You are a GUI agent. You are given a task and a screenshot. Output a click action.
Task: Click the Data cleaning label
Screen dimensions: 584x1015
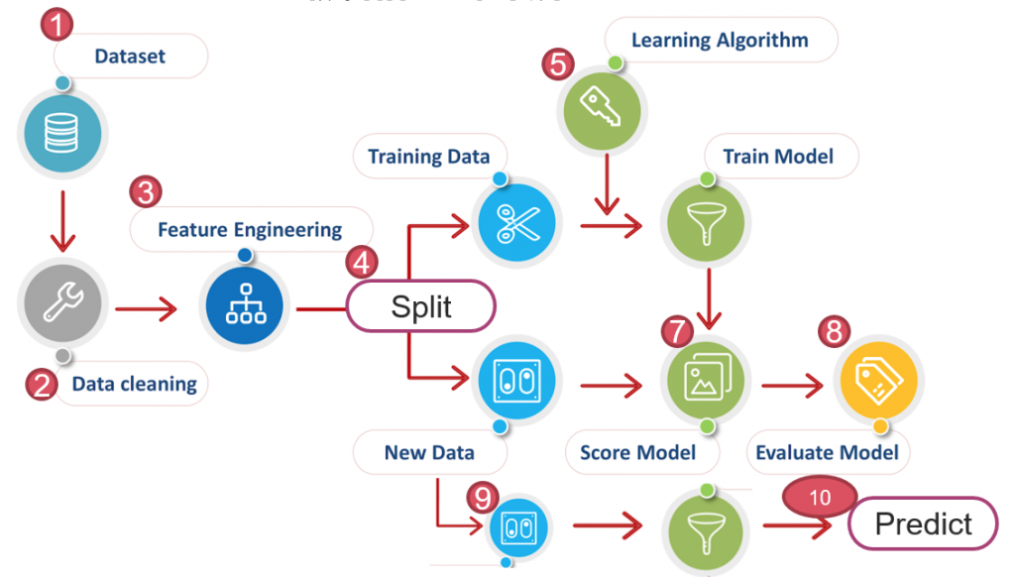point(134,384)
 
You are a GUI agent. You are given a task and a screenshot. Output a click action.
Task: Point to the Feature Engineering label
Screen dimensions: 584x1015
point(250,230)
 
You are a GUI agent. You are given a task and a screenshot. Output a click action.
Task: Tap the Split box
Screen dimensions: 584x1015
point(420,306)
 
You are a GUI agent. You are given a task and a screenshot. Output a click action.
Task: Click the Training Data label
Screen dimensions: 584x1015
point(428,157)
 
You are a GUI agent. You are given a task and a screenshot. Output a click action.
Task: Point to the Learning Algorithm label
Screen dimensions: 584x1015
point(720,41)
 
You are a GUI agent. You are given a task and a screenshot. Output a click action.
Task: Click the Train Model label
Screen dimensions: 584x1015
point(778,157)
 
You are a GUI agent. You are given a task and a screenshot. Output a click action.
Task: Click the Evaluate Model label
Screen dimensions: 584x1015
point(827,452)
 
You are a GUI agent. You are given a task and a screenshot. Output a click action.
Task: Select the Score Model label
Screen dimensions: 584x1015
point(637,452)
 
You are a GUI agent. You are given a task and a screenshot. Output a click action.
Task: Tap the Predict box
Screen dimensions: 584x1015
point(923,523)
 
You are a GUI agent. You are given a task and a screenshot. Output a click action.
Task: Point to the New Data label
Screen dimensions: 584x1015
point(429,452)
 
